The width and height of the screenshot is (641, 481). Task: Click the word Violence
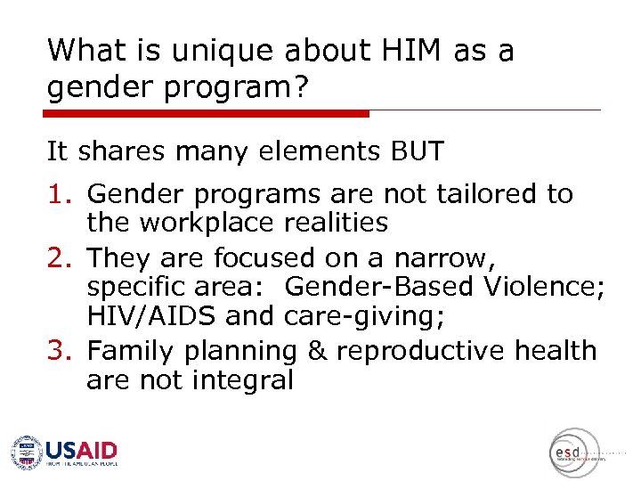(x=542, y=287)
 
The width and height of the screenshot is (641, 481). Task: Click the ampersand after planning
(x=316, y=351)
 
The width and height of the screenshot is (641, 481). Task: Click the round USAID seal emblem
(x=27, y=452)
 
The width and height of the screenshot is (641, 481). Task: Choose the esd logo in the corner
(x=570, y=452)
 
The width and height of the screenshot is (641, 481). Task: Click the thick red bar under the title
(x=207, y=114)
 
